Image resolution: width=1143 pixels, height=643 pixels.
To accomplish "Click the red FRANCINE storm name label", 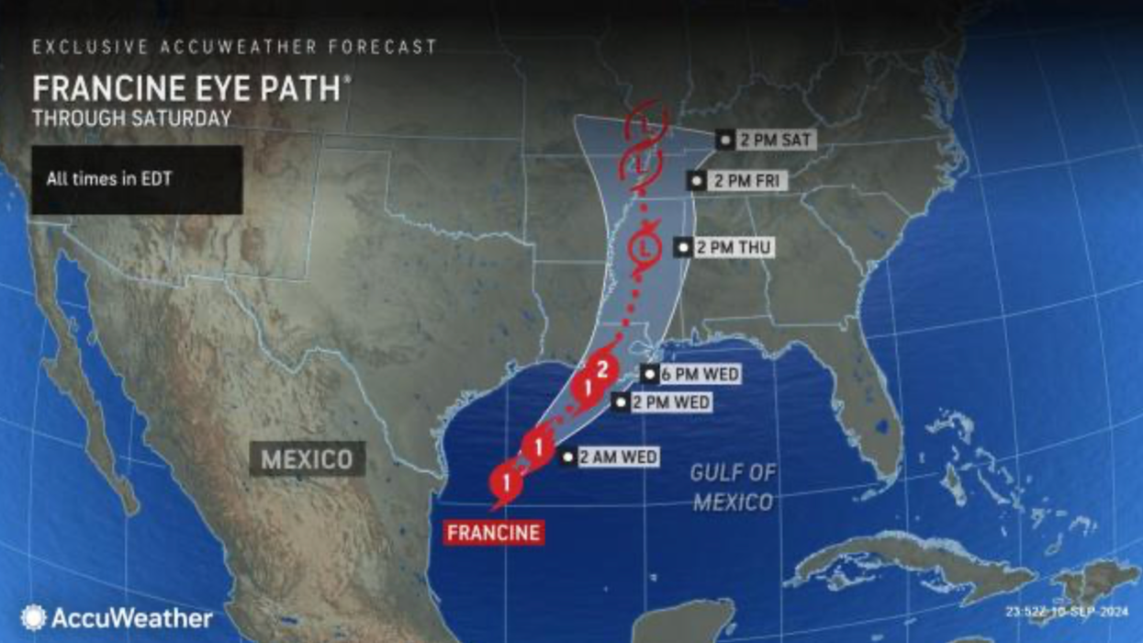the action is tap(493, 533).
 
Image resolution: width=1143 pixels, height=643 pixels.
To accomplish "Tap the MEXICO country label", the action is tap(307, 458).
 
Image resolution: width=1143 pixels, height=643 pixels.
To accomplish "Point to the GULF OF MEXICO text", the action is tap(733, 488).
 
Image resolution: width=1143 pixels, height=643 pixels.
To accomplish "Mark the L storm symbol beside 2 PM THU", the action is tap(646, 248).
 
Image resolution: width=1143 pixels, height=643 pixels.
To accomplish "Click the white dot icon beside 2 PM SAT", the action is tap(725, 140).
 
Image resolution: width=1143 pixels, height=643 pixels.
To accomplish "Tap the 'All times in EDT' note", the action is tap(109, 179).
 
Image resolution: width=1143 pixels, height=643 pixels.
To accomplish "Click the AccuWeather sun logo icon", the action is tap(33, 617).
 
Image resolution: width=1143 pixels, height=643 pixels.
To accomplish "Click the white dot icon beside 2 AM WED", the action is tap(568, 457).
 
